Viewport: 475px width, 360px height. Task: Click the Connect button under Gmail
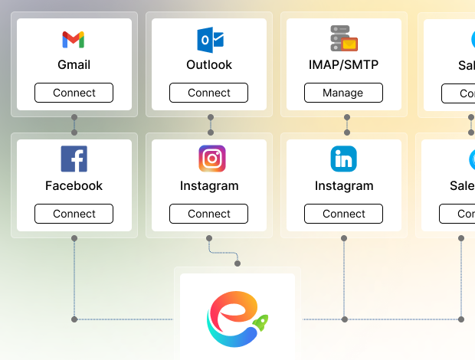pyautogui.click(x=74, y=93)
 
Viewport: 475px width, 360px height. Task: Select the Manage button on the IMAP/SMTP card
pyautogui.click(x=343, y=93)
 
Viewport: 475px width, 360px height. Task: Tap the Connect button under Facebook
pyautogui.click(x=74, y=214)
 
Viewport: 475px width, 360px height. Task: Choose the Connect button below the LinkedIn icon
pyautogui.click(x=343, y=214)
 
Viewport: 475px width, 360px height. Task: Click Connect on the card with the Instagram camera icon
pyautogui.click(x=208, y=214)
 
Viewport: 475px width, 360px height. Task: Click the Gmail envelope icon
pyautogui.click(x=74, y=39)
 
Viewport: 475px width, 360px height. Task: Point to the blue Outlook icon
pyautogui.click(x=209, y=39)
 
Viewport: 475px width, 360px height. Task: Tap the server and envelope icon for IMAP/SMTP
pyautogui.click(x=344, y=38)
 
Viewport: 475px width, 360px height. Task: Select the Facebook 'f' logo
pyautogui.click(x=74, y=159)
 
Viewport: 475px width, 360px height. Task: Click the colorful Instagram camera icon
pyautogui.click(x=212, y=159)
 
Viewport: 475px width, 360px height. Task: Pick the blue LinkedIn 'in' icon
pyautogui.click(x=344, y=159)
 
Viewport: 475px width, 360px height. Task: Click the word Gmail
pyautogui.click(x=74, y=65)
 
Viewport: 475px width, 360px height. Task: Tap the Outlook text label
pyautogui.click(x=209, y=65)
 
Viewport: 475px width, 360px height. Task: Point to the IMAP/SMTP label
pyautogui.click(x=343, y=65)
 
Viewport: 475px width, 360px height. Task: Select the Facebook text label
pyautogui.click(x=74, y=185)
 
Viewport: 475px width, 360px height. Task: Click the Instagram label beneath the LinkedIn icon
pyautogui.click(x=343, y=185)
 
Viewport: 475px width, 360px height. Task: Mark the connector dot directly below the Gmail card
pyautogui.click(x=74, y=117)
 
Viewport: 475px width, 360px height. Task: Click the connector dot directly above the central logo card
pyautogui.click(x=237, y=263)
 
